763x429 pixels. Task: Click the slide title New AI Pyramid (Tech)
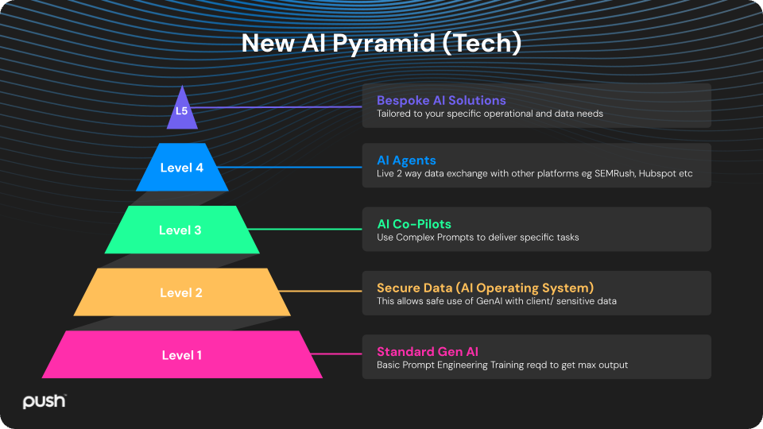click(x=381, y=43)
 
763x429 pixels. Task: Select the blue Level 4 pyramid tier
click(x=182, y=168)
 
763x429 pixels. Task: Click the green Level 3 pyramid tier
click(x=181, y=230)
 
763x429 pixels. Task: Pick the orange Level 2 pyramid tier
click(x=181, y=292)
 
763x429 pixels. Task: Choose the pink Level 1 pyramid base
click(x=181, y=355)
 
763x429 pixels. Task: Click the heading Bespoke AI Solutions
click(x=441, y=100)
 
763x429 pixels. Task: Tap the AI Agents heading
click(x=406, y=160)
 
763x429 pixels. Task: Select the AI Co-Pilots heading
click(x=414, y=224)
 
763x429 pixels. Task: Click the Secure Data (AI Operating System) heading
click(x=485, y=288)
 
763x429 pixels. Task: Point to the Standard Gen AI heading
click(x=428, y=351)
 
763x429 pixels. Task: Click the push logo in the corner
click(x=45, y=402)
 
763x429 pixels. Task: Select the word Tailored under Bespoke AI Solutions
click(x=393, y=114)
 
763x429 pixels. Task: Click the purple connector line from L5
click(x=278, y=106)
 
